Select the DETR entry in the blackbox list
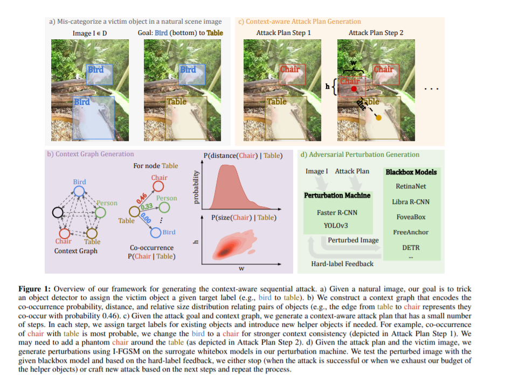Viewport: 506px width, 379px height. tap(411, 248)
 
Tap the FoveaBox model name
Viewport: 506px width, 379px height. tap(410, 217)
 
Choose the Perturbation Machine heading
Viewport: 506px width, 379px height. tap(337, 195)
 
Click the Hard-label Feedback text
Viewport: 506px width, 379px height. tap(342, 263)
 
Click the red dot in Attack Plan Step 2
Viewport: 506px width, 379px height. tap(353, 88)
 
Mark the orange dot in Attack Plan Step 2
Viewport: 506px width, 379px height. tap(378, 117)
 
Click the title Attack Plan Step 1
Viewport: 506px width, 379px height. tap(283, 33)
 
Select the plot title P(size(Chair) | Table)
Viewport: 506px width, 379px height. tap(239, 217)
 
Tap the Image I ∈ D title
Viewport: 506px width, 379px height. tap(89, 33)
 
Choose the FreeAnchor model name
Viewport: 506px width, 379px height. tap(410, 232)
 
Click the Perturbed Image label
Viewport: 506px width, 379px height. tap(353, 240)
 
